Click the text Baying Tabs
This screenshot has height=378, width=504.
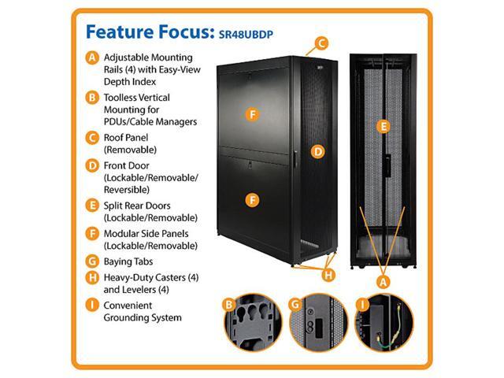(129, 261)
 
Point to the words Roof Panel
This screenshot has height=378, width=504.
(129, 136)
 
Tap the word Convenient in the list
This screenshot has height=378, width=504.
(131, 304)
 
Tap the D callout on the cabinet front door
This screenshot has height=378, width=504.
(317, 150)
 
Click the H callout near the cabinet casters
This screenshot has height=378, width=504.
(329, 275)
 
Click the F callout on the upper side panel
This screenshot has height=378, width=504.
(252, 114)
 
